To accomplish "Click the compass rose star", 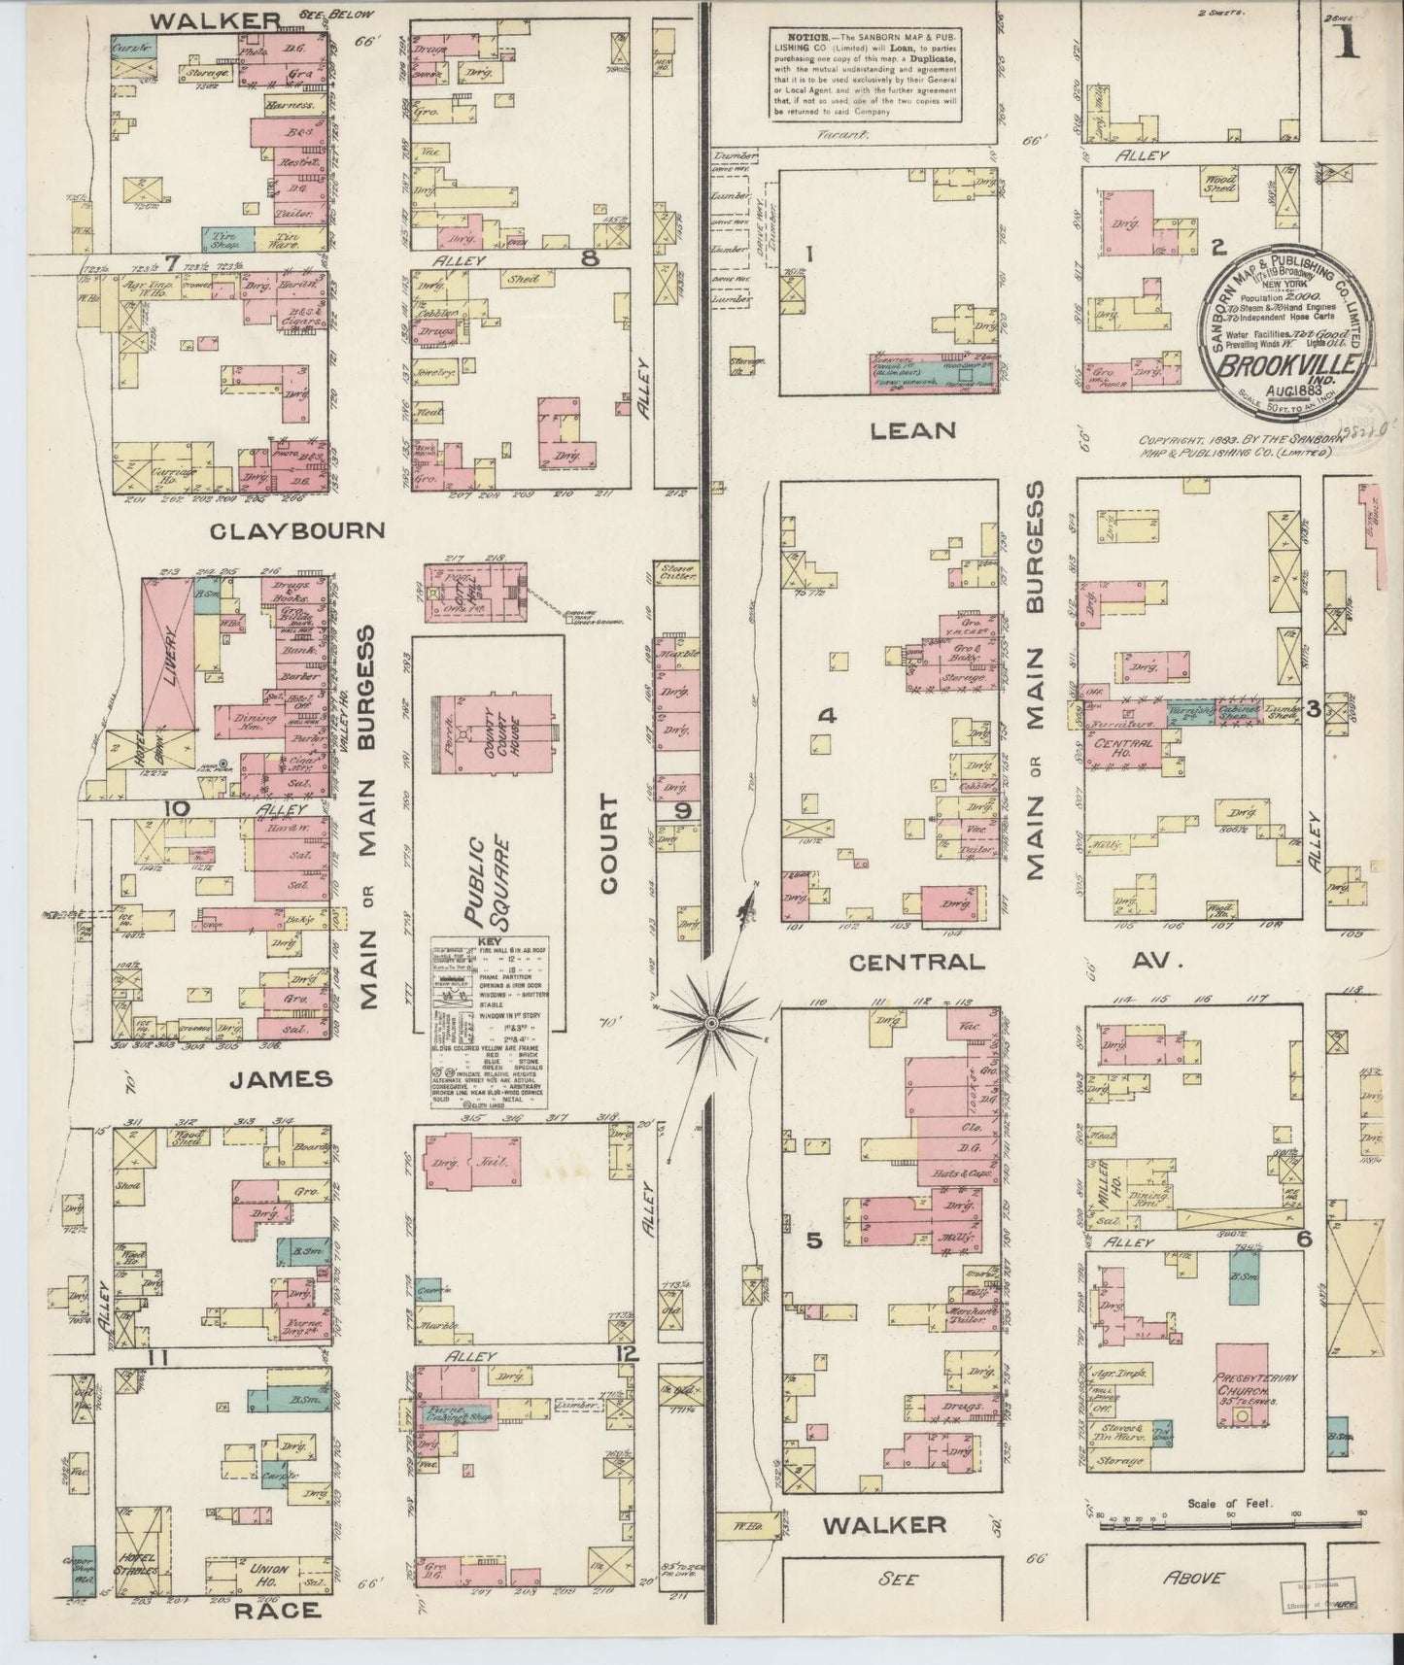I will (x=711, y=1024).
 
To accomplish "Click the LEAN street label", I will (x=913, y=430).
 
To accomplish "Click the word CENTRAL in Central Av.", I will (x=916, y=962).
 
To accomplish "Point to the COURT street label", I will (x=608, y=843).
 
